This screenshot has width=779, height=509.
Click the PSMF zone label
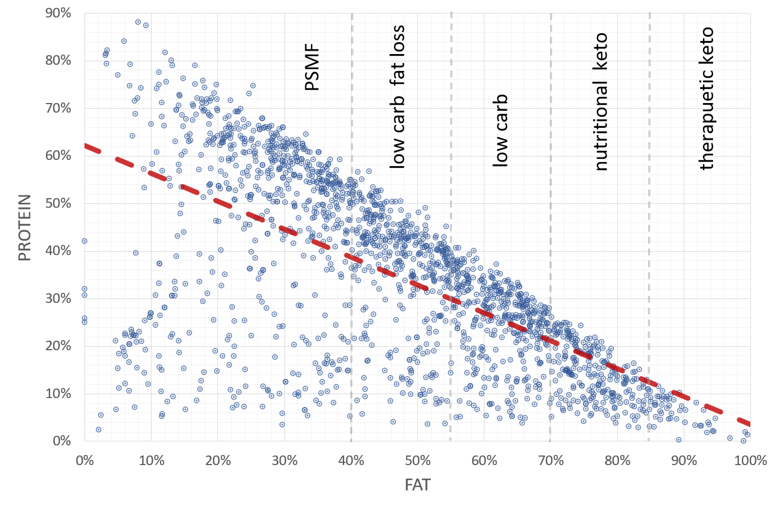pos(312,69)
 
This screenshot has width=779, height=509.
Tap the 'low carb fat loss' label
pos(398,96)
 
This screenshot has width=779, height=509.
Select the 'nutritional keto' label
pos(601,102)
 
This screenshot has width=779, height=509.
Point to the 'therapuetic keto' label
pos(706,99)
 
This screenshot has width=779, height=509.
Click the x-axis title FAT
pos(417,485)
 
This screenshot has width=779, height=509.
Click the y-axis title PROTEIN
pos(25,228)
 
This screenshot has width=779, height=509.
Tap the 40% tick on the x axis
pos(351,461)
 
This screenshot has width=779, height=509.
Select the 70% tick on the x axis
pos(551,461)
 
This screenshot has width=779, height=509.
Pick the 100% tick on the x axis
pos(750,461)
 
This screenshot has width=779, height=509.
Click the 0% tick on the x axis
pos(84,461)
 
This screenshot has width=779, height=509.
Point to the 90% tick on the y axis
pos(58,13)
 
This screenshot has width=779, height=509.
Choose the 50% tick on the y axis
pos(58,203)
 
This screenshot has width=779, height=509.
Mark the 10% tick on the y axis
pos(58,394)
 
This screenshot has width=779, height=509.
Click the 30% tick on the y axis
pos(58,298)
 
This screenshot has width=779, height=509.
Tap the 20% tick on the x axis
pos(218,461)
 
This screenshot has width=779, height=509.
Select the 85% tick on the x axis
pos(649,441)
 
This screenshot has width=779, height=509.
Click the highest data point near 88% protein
pos(138,22)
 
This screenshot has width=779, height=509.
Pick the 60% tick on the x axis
pos(484,461)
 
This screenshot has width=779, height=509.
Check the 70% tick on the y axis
pos(58,108)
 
